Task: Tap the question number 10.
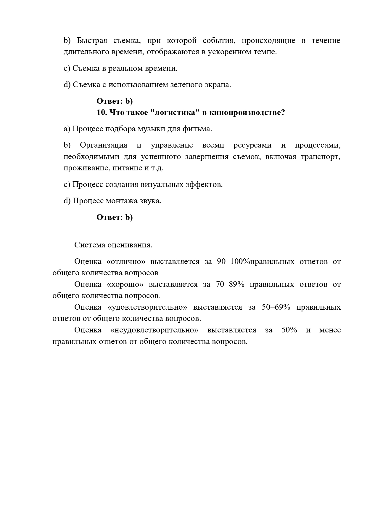[x=102, y=113]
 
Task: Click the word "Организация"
[x=104, y=145]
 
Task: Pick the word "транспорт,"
[x=321, y=157]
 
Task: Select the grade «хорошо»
[x=125, y=284]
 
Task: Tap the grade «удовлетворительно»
[x=148, y=307]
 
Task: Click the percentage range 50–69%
[x=276, y=307]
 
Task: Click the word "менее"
[x=330, y=330]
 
